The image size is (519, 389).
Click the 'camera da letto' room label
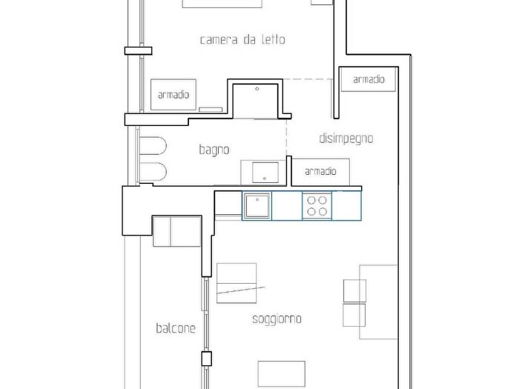(x=242, y=40)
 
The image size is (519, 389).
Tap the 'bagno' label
(x=214, y=150)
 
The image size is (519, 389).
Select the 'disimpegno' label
(x=346, y=139)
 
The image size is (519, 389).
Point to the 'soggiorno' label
(x=277, y=319)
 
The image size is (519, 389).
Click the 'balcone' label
(x=176, y=328)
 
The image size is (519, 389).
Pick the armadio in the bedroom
(x=173, y=95)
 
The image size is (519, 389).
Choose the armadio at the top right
(x=368, y=79)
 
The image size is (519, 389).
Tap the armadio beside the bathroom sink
(x=320, y=171)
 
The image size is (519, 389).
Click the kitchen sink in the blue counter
(x=257, y=206)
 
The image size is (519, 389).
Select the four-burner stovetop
(x=317, y=206)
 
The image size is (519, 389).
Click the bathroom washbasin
(x=265, y=173)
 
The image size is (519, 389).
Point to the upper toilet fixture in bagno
(x=153, y=145)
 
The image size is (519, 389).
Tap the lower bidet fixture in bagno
(x=153, y=171)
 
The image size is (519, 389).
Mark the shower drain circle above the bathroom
(x=257, y=89)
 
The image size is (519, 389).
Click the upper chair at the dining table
(x=354, y=290)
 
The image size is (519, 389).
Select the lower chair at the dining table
(x=354, y=315)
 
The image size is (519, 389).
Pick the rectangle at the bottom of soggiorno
(x=282, y=373)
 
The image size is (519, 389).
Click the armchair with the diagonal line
(x=237, y=283)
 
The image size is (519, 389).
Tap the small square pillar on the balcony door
(x=207, y=359)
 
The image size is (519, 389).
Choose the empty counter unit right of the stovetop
(x=346, y=206)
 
